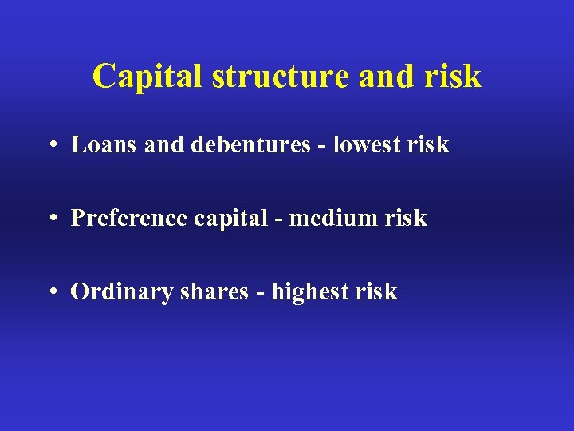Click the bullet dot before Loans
(50, 145)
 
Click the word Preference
(128, 218)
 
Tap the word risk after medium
(407, 218)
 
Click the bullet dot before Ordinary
(50, 292)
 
